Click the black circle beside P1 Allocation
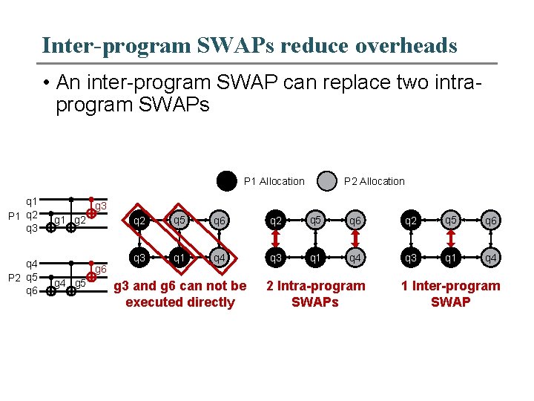pos(226,181)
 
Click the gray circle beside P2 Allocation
pos(326,181)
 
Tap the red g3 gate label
pos(102,206)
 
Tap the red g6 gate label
pos(102,269)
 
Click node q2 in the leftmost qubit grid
pos(138,221)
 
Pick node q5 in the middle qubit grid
pos(315,220)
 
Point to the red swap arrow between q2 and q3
pos(276,240)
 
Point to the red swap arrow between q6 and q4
pos(356,240)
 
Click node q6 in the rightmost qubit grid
pos(491,221)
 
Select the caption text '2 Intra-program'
pos(315,286)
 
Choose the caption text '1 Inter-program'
pos(450,286)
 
